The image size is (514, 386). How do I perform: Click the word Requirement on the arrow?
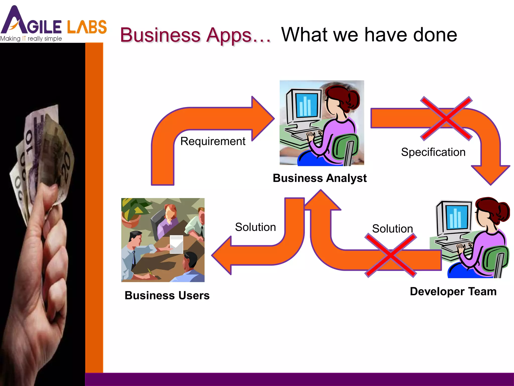213,141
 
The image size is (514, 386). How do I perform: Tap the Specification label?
433,152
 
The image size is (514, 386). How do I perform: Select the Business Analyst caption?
319,178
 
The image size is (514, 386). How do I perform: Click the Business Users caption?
167,295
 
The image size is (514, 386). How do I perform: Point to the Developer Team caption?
453,292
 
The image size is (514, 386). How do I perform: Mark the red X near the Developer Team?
391,255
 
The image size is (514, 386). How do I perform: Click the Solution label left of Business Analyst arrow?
255,227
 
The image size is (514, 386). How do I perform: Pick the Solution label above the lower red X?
392,229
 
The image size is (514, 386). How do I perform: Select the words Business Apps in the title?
186,35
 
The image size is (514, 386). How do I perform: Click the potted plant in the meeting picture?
133,211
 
